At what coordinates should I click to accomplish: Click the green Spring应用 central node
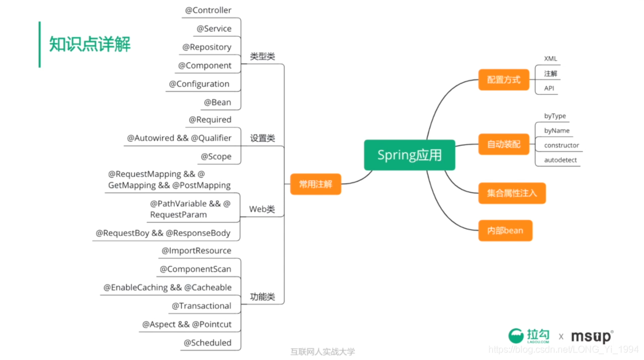pyautogui.click(x=409, y=155)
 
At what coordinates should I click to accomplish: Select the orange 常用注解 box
pyautogui.click(x=315, y=184)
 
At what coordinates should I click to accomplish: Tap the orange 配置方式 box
pyautogui.click(x=503, y=80)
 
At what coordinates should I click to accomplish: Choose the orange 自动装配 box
pyautogui.click(x=503, y=145)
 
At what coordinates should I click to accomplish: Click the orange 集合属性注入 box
pyautogui.click(x=512, y=193)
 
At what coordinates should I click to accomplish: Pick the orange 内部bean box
pyautogui.click(x=505, y=231)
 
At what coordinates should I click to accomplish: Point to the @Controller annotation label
pyautogui.click(x=208, y=10)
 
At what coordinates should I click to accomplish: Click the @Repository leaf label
pyautogui.click(x=207, y=47)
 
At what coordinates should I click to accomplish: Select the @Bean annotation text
pyautogui.click(x=217, y=102)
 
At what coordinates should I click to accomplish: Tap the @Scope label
pyautogui.click(x=216, y=156)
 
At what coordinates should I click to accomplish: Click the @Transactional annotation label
pyautogui.click(x=202, y=306)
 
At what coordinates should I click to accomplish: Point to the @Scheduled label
pyautogui.click(x=207, y=343)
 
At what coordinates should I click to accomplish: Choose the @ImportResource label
pyautogui.click(x=196, y=251)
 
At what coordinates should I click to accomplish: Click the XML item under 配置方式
pyautogui.click(x=551, y=59)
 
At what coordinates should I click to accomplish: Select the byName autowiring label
pyautogui.click(x=556, y=131)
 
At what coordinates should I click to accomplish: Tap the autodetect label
pyautogui.click(x=560, y=160)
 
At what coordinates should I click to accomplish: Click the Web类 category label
pyautogui.click(x=262, y=209)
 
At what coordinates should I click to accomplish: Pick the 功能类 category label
pyautogui.click(x=262, y=297)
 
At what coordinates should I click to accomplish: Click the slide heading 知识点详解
pyautogui.click(x=90, y=45)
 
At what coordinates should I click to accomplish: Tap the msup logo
pyautogui.click(x=592, y=336)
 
